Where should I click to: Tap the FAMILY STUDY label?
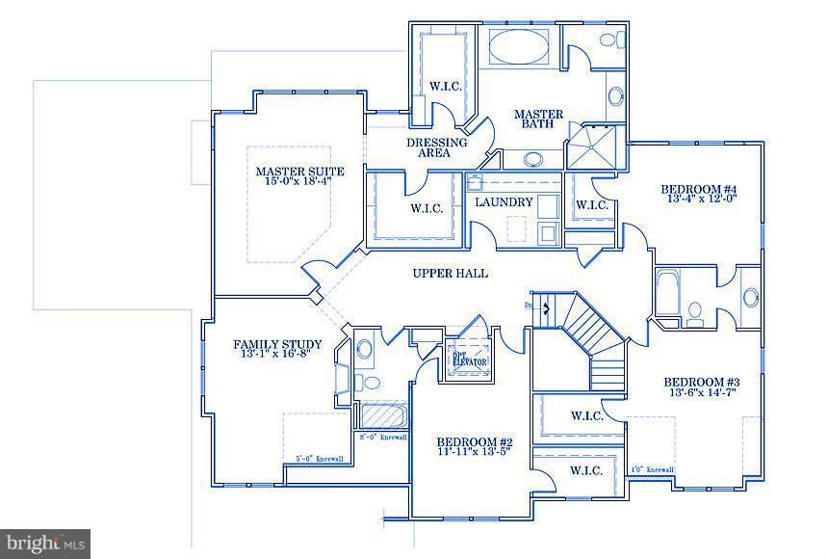coord(271,344)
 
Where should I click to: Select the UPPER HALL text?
coord(450,274)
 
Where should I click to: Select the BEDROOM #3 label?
coord(701,381)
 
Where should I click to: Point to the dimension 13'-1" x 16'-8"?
coord(271,352)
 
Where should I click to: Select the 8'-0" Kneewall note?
coord(382,437)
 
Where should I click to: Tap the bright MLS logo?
coord(46,544)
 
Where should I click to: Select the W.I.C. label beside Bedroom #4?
coord(591,204)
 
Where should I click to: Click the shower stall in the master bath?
coord(595,147)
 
